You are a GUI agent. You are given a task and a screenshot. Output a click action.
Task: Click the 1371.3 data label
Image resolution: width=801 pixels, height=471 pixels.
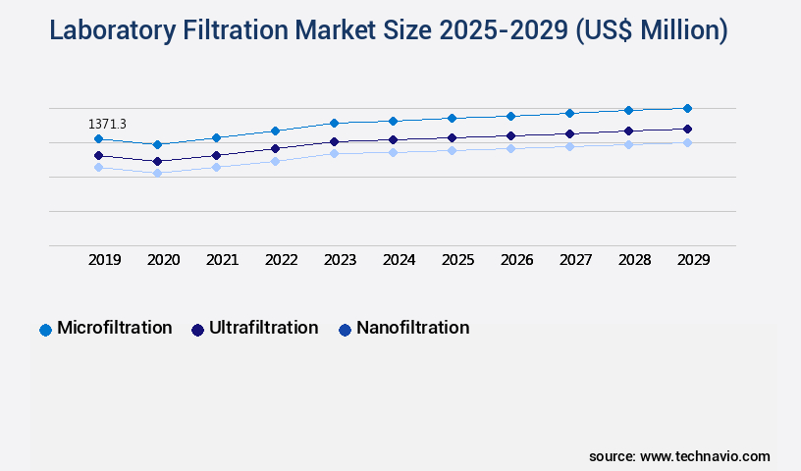click(x=107, y=124)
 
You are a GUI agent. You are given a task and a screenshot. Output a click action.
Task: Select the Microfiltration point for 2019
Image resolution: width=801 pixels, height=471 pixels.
click(x=98, y=139)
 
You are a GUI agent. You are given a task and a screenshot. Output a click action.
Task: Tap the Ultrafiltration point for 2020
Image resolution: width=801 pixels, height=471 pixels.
click(x=157, y=161)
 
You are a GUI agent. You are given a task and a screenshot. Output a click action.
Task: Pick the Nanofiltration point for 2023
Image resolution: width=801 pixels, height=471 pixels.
click(x=334, y=153)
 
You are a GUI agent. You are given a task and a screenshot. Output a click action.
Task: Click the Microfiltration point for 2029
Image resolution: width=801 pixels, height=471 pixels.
click(x=687, y=108)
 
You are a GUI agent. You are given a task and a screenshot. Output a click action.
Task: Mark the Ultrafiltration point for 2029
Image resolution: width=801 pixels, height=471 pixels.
click(x=687, y=129)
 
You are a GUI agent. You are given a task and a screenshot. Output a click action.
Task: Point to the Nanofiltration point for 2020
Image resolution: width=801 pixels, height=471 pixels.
click(x=157, y=173)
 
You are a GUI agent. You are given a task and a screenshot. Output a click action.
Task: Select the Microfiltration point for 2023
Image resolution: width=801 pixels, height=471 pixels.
click(x=334, y=123)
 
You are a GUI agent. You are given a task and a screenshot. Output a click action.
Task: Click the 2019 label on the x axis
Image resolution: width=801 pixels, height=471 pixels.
click(x=105, y=260)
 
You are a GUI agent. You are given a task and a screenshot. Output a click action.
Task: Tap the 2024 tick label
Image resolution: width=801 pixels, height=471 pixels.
click(x=400, y=260)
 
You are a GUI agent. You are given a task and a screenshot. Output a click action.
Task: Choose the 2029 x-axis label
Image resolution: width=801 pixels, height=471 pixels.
click(x=694, y=260)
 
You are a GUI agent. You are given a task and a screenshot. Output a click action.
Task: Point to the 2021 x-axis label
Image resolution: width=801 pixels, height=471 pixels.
click(x=223, y=260)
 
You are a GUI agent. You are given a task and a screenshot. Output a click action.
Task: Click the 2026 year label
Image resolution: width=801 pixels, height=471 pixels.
click(x=517, y=260)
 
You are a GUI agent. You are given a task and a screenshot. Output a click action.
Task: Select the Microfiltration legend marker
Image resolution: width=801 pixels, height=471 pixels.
click(x=45, y=330)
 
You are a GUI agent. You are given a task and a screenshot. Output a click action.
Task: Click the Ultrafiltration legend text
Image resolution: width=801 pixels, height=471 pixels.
click(x=263, y=328)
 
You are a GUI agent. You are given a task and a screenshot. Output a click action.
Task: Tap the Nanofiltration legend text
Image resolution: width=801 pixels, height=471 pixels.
click(x=413, y=328)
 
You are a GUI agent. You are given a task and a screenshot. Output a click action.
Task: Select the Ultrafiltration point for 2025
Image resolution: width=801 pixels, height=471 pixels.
click(x=452, y=137)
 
